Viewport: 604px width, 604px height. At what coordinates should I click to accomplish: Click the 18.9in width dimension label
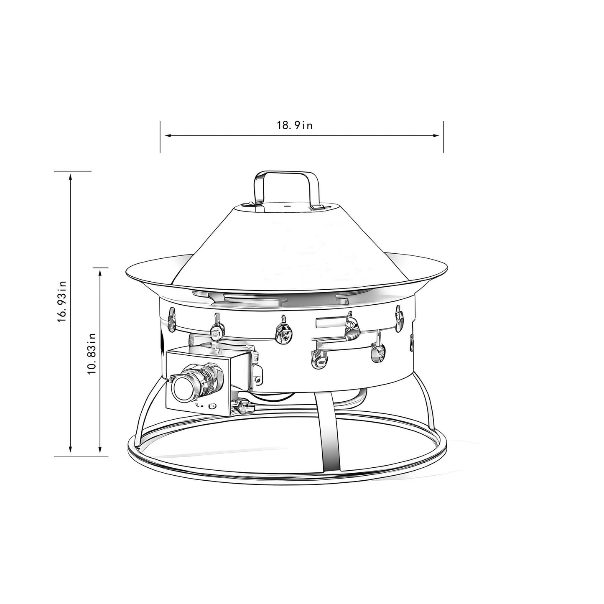(x=294, y=126)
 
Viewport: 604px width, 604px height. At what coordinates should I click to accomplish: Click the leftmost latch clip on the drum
(x=171, y=320)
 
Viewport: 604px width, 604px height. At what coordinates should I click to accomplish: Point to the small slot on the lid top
(x=288, y=206)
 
